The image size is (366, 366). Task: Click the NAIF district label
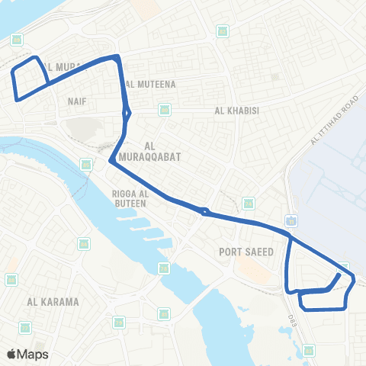pos(76,100)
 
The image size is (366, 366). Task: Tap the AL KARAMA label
pos(53,301)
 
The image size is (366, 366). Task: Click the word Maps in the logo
pos(33,354)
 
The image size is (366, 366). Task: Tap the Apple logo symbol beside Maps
pos(11,354)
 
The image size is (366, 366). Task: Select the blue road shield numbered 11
pos(292,220)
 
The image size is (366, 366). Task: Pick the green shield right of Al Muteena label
pos(165,111)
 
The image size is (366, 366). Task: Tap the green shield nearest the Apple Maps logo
pos(25,328)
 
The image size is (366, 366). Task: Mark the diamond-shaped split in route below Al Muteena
pos(127,114)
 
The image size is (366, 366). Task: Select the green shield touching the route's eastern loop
pos(345,268)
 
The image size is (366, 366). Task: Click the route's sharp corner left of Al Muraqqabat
pos(111,161)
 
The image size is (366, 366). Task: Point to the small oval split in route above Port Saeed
pos(204,211)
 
